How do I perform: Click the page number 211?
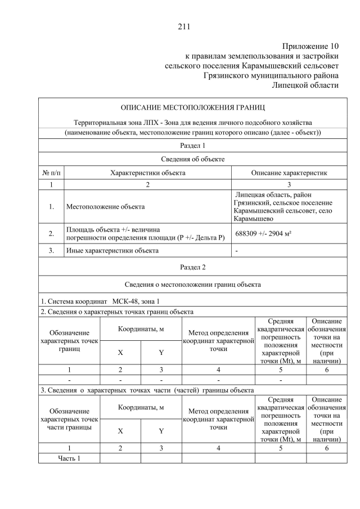184,26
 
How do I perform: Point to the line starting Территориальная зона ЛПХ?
193,122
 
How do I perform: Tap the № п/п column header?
51,173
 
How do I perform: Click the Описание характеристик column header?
289,173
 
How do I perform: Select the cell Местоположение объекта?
105,206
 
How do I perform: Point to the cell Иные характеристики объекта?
112,250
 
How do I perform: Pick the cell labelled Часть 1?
69,458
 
